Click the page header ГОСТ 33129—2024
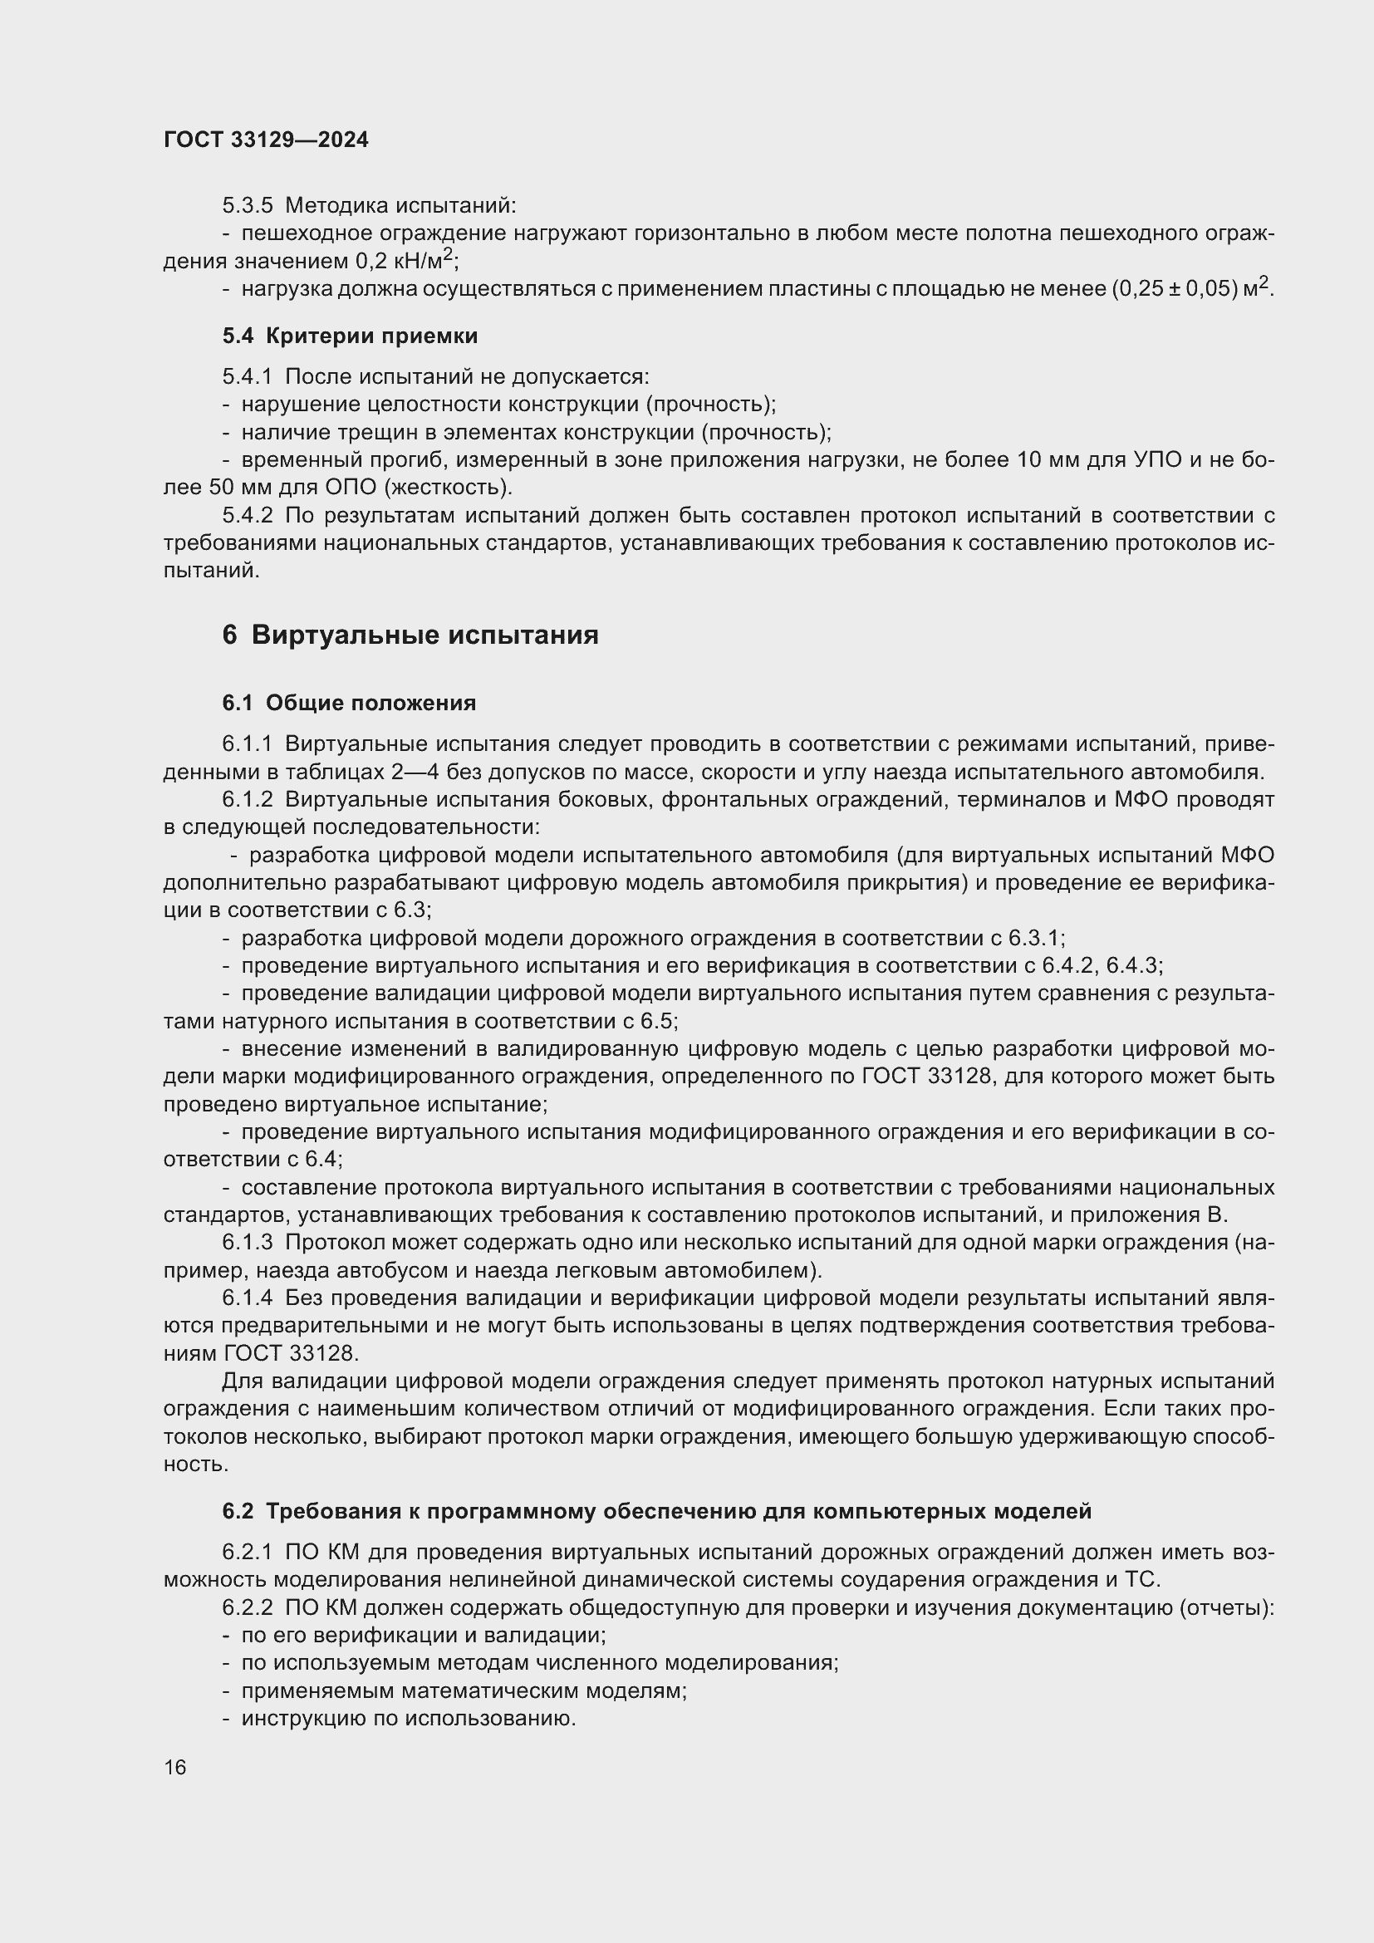tap(266, 140)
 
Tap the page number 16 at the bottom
tap(175, 1767)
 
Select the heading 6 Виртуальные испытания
tap(410, 635)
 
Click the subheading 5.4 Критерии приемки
tap(350, 336)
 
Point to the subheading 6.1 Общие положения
tap(349, 703)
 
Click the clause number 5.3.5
tap(247, 206)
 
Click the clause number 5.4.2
tap(247, 515)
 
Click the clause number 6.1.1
tap(247, 743)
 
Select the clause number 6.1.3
tap(247, 1242)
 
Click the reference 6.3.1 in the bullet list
tap(1033, 938)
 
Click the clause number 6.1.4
tap(247, 1298)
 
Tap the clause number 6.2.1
tap(247, 1552)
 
